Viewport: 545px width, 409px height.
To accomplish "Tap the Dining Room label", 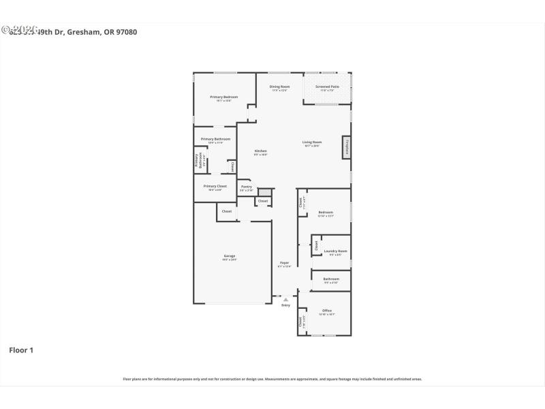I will [x=279, y=87].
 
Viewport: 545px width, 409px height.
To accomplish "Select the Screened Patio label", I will [x=327, y=87].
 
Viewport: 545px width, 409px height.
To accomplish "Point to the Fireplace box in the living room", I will [x=347, y=148].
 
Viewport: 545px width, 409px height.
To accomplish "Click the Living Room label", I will [x=312, y=142].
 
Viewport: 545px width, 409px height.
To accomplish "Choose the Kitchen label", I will [x=261, y=151].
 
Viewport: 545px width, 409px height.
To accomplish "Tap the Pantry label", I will [x=247, y=187].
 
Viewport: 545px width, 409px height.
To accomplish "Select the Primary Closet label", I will [x=215, y=186].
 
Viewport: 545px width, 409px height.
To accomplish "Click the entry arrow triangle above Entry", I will [x=286, y=299].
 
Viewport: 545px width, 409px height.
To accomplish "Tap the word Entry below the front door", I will [x=286, y=305].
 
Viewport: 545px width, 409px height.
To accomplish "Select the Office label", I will [x=327, y=311].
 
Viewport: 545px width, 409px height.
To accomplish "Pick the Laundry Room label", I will [x=335, y=252].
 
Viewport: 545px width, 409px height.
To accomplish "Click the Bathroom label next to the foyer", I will [x=331, y=279].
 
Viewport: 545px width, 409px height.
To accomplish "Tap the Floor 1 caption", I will [x=20, y=350].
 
